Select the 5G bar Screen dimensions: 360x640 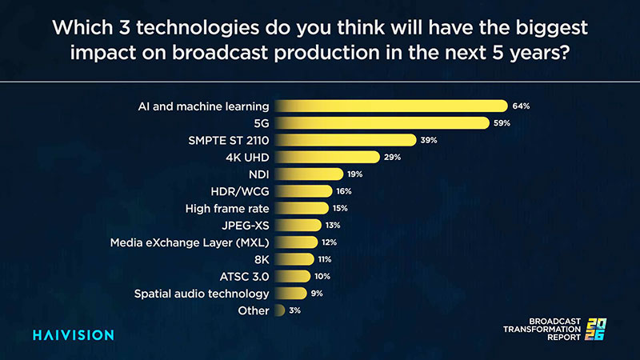pyautogui.click(x=381, y=122)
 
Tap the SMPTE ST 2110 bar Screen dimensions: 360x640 pyautogui.click(x=345, y=140)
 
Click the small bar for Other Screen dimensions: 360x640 pyautogui.click(x=279, y=310)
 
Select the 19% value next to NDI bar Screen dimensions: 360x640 pyautogui.click(x=355, y=174)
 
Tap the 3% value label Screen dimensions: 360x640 pyautogui.click(x=295, y=310)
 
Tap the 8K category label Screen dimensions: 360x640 pyautogui.click(x=261, y=258)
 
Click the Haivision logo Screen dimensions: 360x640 pyautogui.click(x=73, y=334)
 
